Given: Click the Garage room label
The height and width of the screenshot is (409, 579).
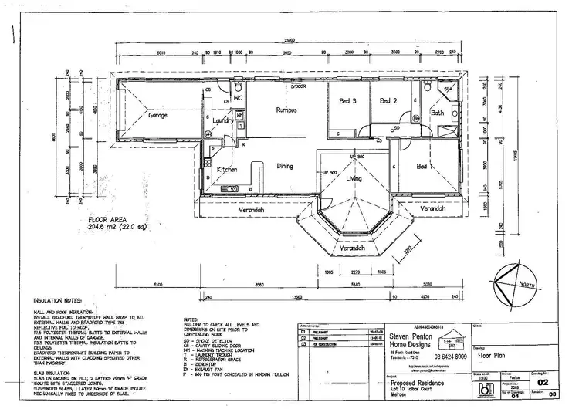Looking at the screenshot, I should point(158,116).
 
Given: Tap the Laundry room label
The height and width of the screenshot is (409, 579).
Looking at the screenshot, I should point(224,121).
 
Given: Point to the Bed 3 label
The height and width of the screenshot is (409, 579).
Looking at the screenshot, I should point(347,101).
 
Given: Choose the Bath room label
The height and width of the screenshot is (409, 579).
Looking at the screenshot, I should point(437,113).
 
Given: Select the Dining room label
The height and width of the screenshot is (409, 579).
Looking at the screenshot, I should point(285,165).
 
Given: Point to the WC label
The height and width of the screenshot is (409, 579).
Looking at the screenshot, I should point(239,98).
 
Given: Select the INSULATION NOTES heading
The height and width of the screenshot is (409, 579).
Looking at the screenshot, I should point(61,298).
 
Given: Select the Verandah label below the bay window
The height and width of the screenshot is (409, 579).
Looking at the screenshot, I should point(351,248).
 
